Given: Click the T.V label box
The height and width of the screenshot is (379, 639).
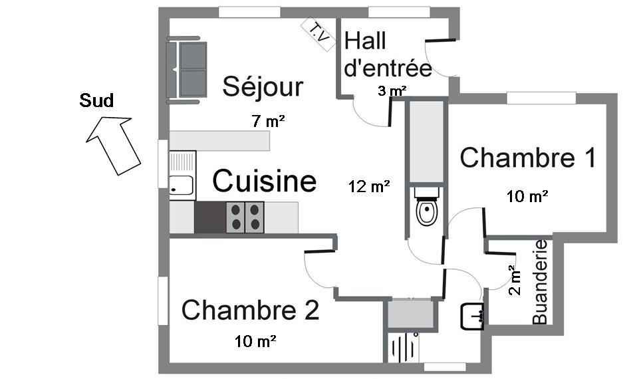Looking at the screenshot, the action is tap(319, 34).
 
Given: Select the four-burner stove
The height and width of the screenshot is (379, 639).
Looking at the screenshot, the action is tap(245, 217).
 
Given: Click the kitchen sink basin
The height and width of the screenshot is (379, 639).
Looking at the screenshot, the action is tap(182, 185).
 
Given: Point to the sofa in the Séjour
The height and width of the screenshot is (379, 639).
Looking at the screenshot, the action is tap(186, 70).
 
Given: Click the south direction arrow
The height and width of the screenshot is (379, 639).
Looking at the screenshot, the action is tap(114, 146).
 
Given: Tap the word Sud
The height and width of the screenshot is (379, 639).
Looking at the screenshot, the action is tap(96, 100).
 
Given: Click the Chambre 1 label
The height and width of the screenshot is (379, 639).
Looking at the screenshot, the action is tap(528, 158).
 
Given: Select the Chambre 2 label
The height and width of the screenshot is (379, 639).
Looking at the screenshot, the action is tap(250, 310).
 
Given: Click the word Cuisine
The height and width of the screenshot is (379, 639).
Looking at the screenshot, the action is tap(264, 181).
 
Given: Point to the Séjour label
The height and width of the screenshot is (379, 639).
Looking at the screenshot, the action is tap(263, 86).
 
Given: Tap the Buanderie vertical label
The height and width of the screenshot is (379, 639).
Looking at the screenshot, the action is tap(540, 282).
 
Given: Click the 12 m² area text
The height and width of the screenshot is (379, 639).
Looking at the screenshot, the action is tap(369, 186).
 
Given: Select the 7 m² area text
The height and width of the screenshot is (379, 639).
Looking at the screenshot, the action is tap(268, 121).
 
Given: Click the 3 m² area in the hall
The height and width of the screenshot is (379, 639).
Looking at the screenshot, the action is tap(392, 91).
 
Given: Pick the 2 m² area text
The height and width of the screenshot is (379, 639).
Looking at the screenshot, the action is tap(515, 280).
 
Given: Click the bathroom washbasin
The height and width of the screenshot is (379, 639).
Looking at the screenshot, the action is tap(473, 316).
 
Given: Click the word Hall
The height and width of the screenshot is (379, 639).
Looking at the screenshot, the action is tap(365, 41).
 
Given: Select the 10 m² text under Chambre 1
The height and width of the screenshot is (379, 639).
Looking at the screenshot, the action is tap(527, 196).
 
